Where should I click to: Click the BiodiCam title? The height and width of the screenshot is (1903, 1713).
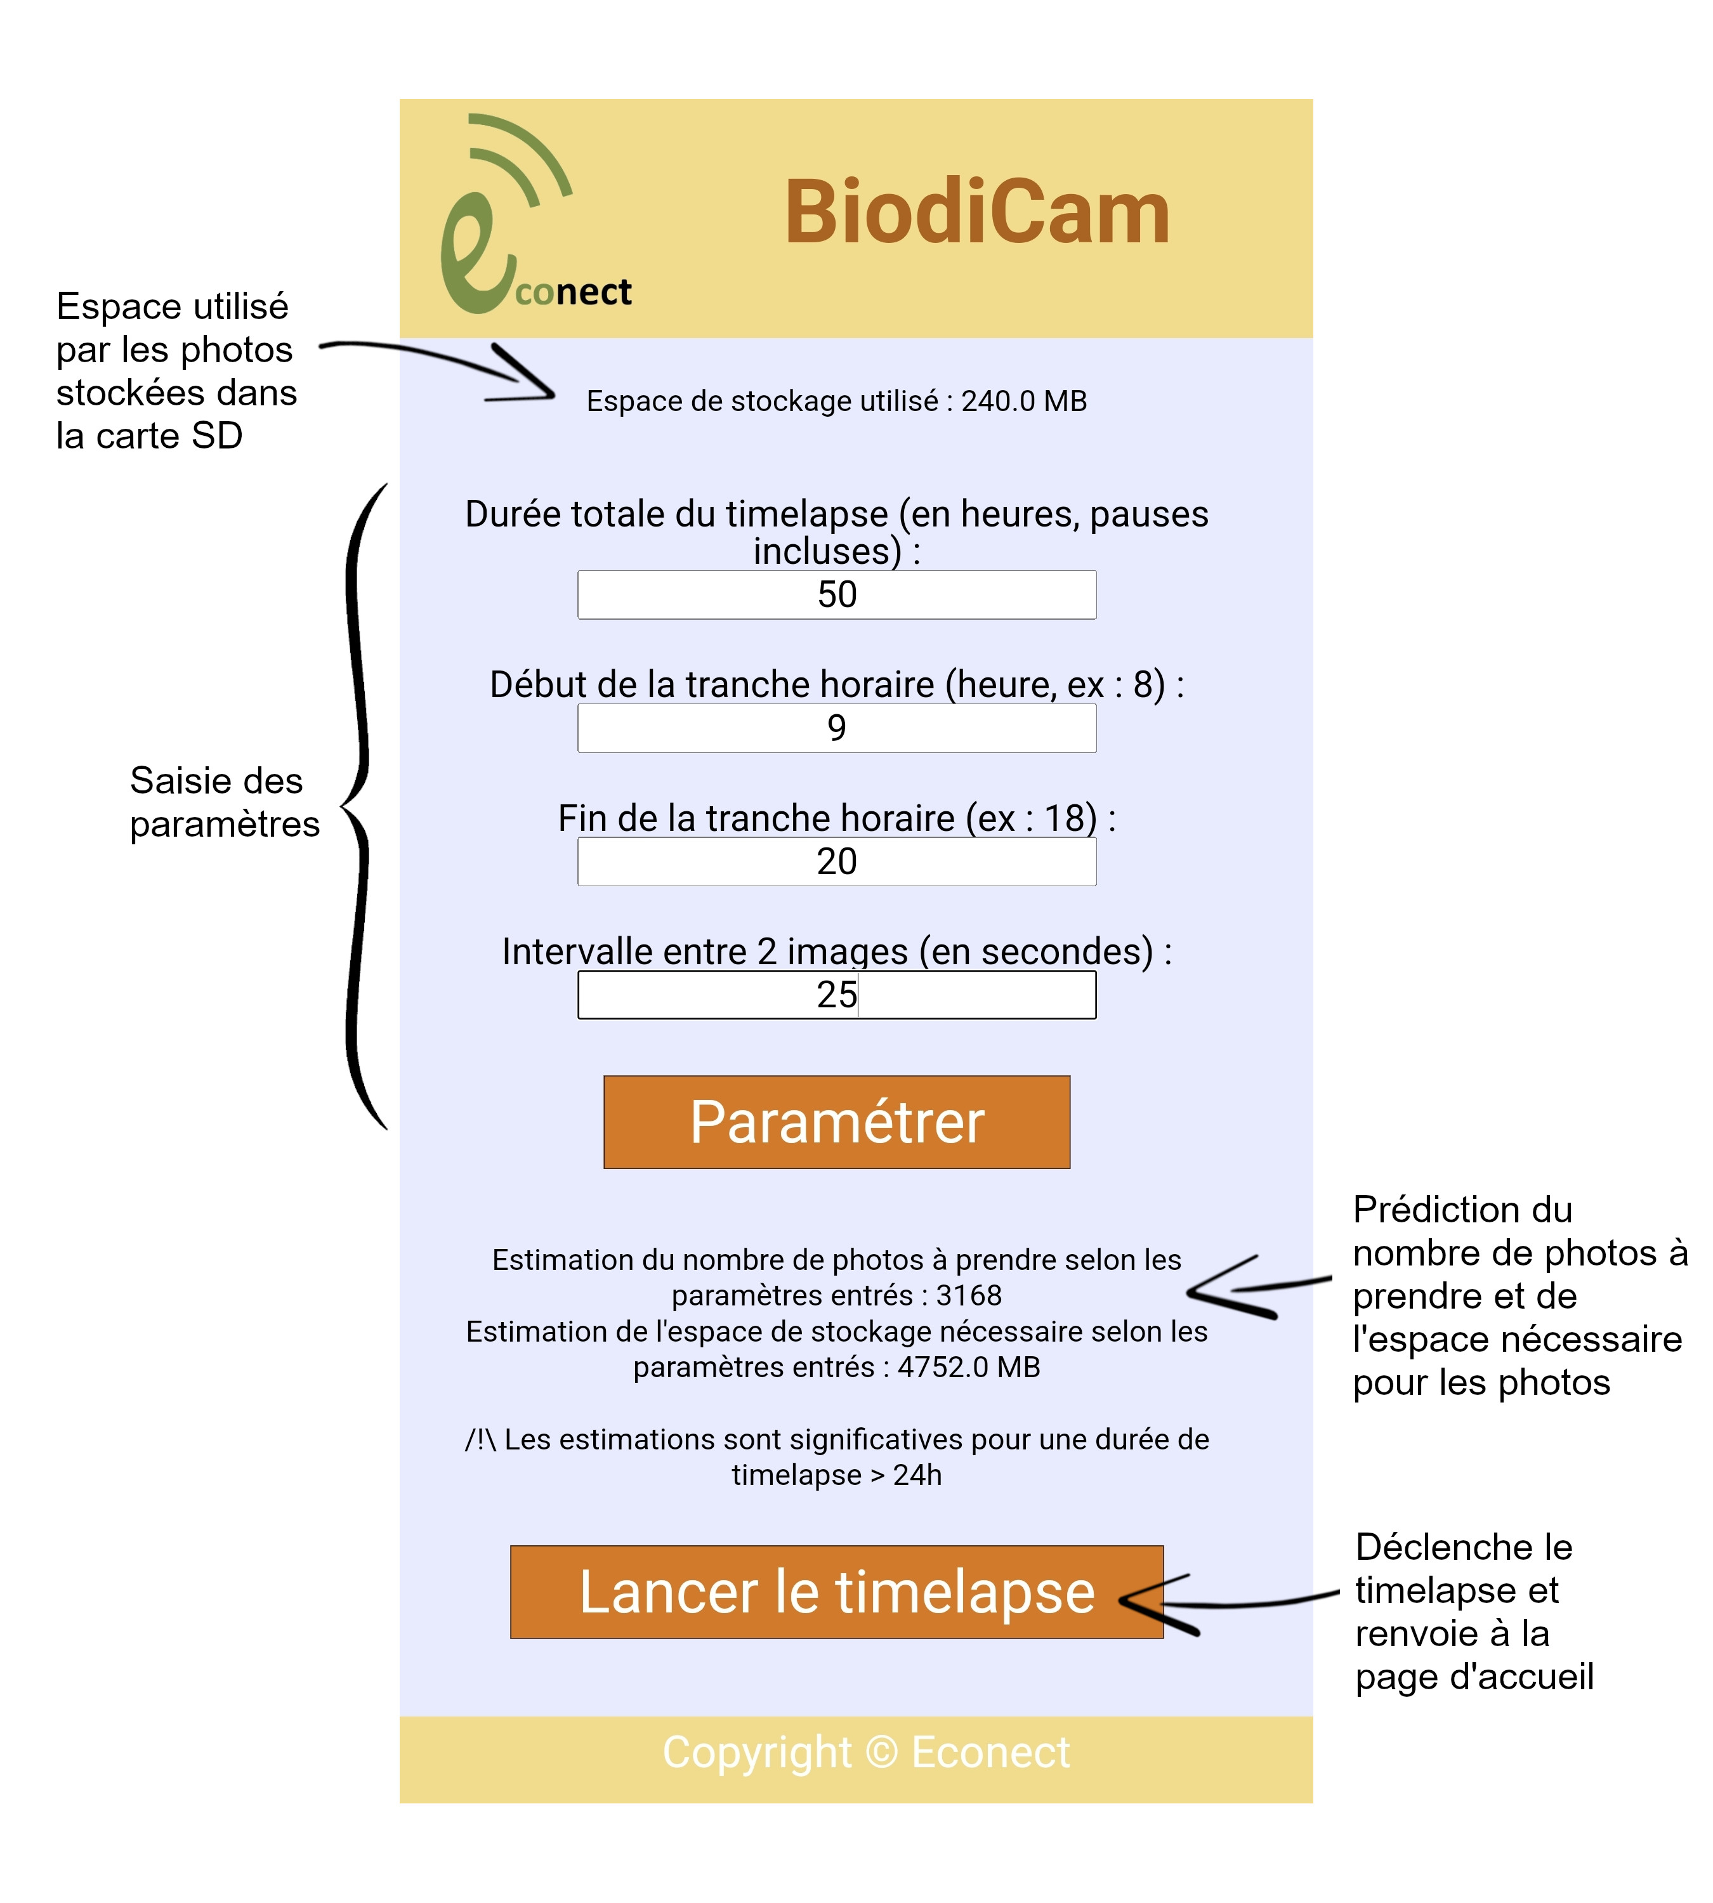(977, 214)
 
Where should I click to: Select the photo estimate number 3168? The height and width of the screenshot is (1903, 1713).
(969, 1295)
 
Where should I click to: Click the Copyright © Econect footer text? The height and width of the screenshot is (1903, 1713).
(866, 1753)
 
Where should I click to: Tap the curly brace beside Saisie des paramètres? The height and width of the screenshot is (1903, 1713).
(358, 807)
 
